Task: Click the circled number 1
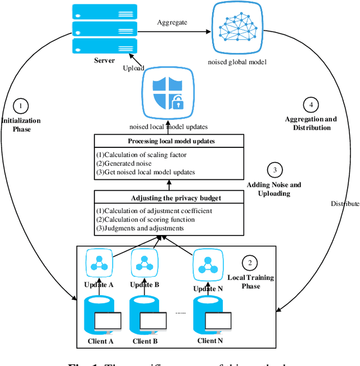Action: coord(21,105)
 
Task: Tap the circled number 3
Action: coord(275,170)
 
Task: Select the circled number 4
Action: coord(310,105)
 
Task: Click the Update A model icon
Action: coord(99,263)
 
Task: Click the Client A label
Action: coord(100,341)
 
